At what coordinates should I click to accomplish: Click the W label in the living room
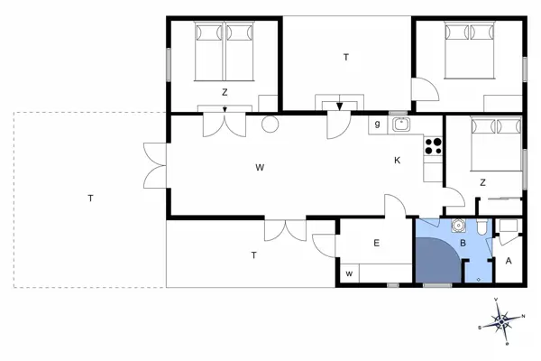pos(259,167)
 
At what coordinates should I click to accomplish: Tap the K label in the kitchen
pos(397,161)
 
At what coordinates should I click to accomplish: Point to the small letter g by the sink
pos(377,125)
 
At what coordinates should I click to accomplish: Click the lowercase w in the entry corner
pos(348,272)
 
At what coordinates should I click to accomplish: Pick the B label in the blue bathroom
pos(463,243)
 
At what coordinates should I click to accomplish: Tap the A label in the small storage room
pos(509,262)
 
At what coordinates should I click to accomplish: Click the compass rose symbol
pos(500,319)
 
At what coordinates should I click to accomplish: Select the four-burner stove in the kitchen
pos(434,144)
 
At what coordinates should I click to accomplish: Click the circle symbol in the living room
pos(269,125)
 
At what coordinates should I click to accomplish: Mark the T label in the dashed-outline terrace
pos(91,197)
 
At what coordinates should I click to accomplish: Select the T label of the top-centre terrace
pos(345,58)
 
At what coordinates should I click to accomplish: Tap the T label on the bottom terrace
pos(253,255)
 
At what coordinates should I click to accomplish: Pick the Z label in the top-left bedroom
pos(225,92)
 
